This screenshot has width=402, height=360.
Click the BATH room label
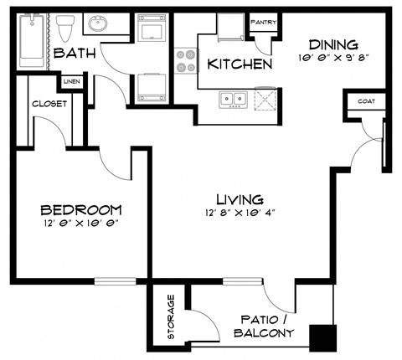click(x=75, y=54)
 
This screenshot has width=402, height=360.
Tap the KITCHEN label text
click(x=239, y=64)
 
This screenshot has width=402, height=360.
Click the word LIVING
click(x=240, y=199)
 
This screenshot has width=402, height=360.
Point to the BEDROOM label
click(x=81, y=209)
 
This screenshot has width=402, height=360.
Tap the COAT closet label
click(x=366, y=101)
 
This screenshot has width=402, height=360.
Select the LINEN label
click(x=71, y=82)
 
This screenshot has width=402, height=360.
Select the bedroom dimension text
click(x=81, y=224)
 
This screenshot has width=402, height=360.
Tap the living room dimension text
click(x=240, y=213)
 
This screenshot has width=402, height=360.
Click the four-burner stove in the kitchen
click(x=186, y=61)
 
